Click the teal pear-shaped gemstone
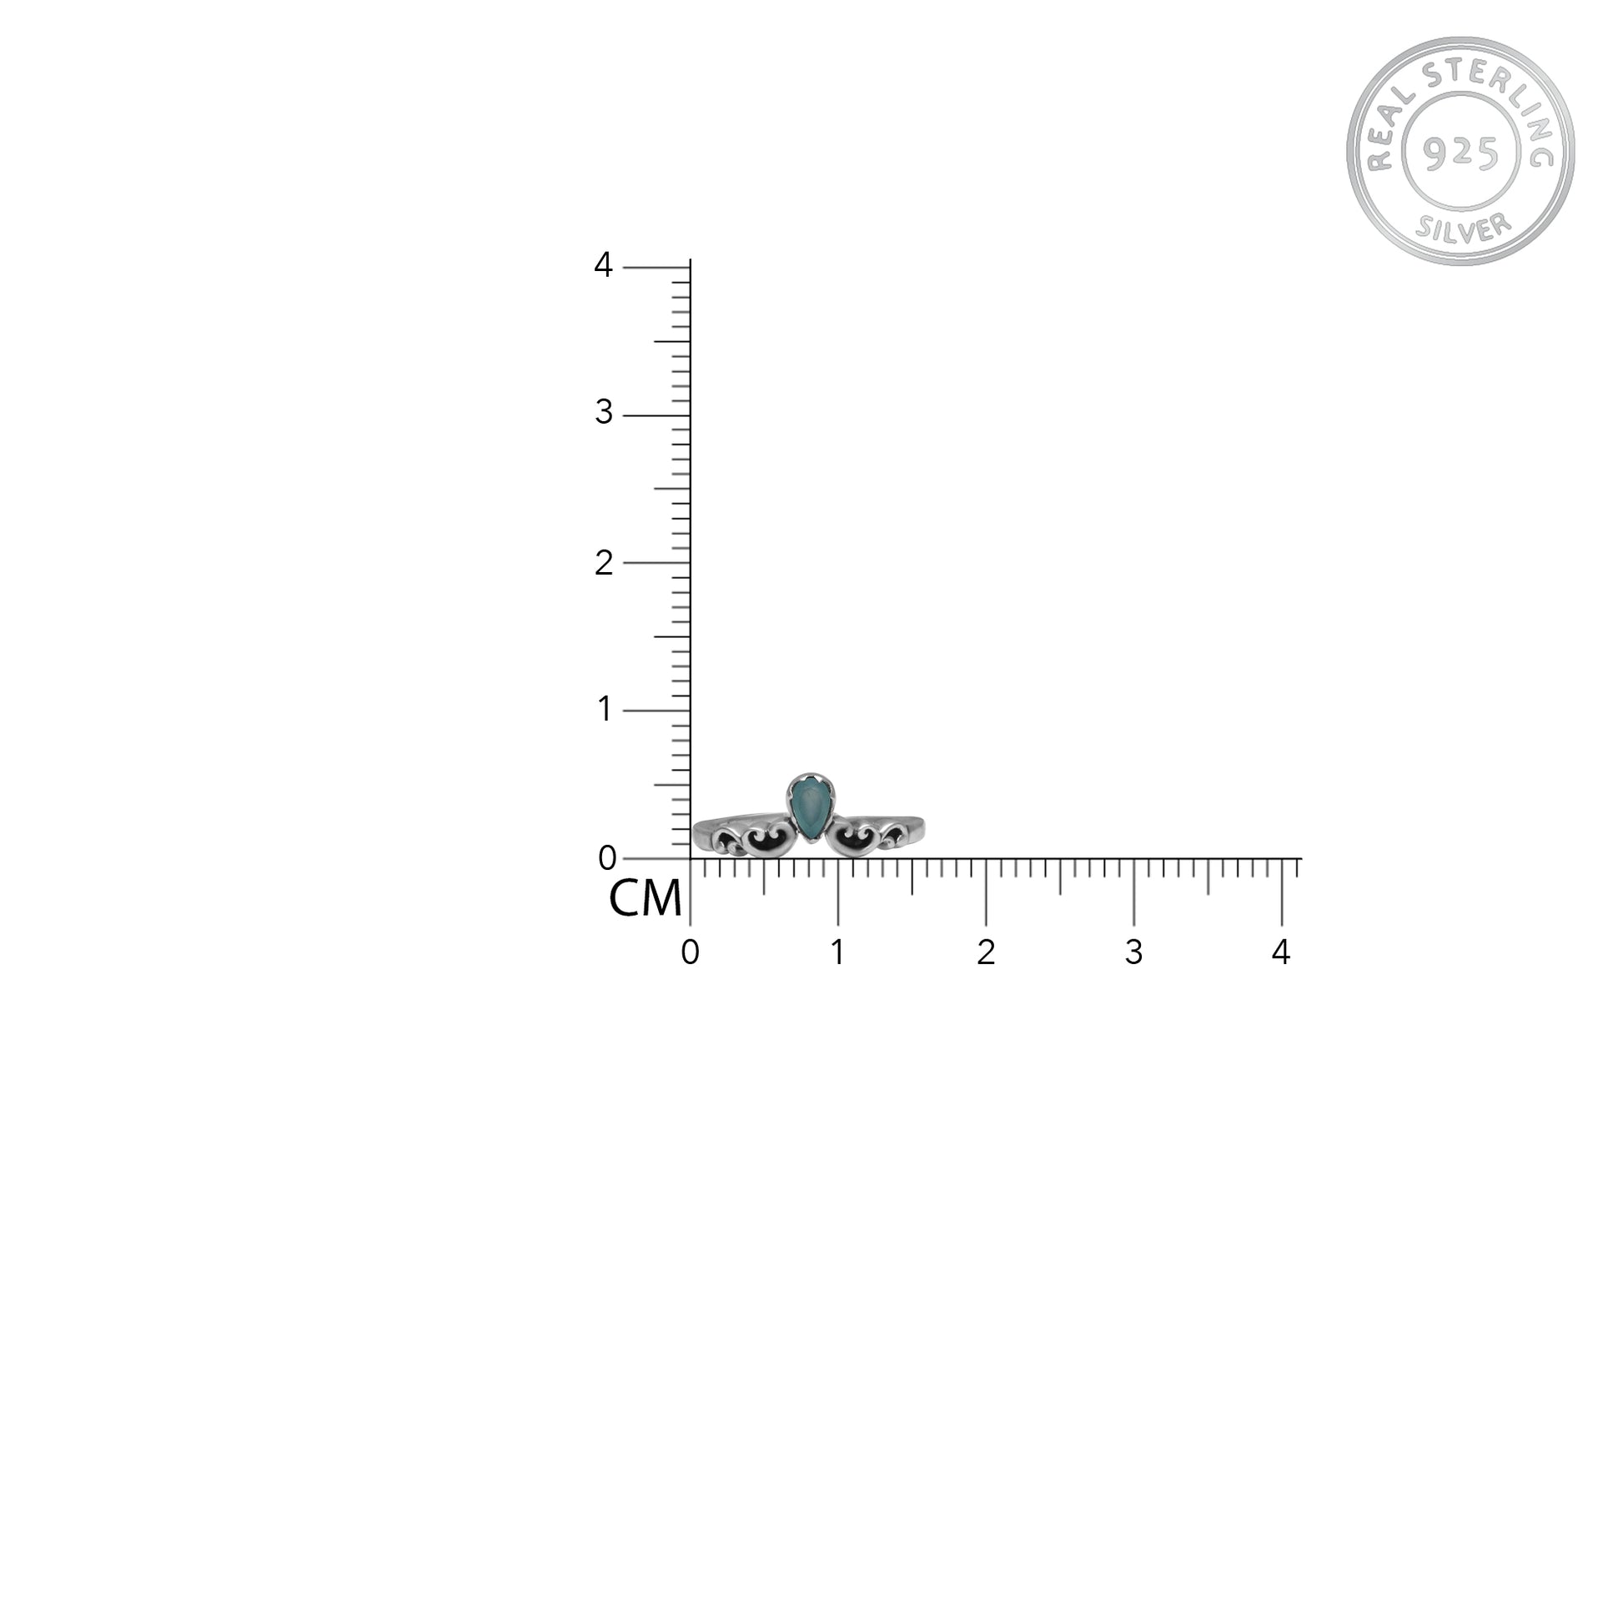tap(810, 808)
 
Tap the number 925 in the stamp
tap(1461, 152)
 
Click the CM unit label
tap(645, 899)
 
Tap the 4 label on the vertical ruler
tap(603, 265)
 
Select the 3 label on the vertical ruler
tap(603, 413)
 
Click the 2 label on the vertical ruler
tap(603, 563)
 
